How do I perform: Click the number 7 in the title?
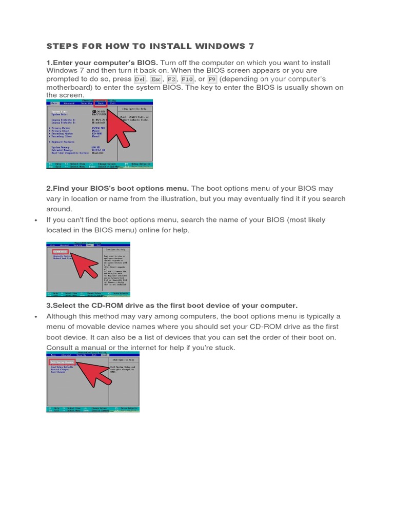(251, 46)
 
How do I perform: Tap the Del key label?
(140, 79)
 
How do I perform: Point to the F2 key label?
(171, 79)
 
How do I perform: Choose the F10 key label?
(187, 79)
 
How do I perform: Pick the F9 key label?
(212, 79)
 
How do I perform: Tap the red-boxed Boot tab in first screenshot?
(101, 103)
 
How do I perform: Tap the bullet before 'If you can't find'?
(35, 220)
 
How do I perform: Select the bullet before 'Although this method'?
(35, 316)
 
